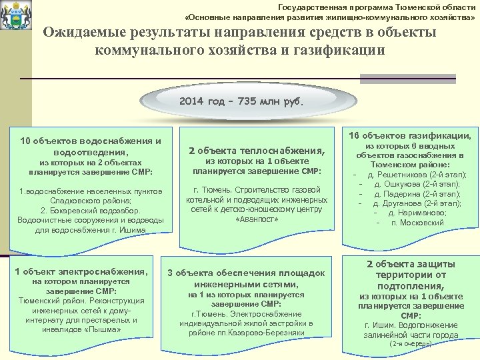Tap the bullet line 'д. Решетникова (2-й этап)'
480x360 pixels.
coord(417,175)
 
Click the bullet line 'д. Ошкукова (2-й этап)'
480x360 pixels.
coord(417,184)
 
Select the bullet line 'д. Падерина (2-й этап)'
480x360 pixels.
coord(417,193)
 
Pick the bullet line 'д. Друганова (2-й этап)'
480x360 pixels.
coord(417,203)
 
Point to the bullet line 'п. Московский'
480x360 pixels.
coord(417,222)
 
